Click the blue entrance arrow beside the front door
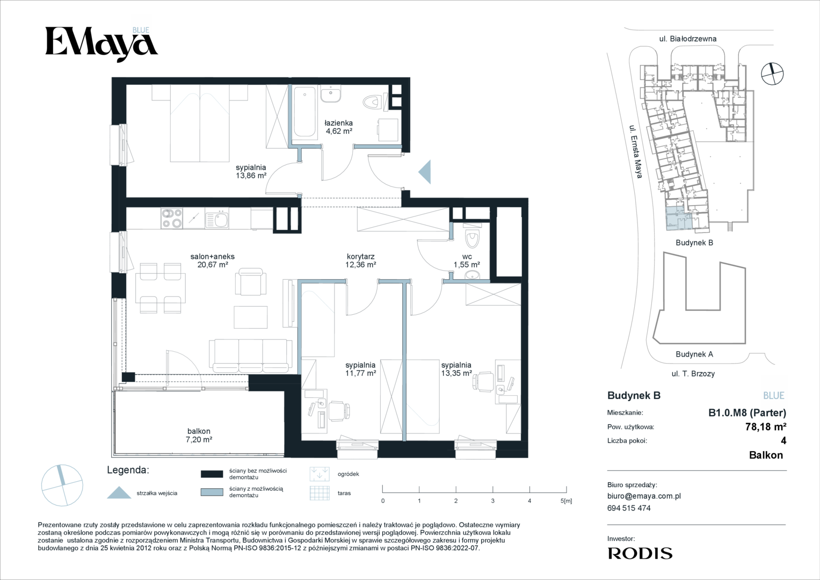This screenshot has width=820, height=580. (426, 172)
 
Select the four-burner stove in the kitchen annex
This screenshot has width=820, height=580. (172, 218)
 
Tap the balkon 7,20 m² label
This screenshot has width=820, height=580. (199, 436)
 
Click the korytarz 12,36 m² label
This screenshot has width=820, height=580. (360, 260)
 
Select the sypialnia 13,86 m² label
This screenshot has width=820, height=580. (251, 171)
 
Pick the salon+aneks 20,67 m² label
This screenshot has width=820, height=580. (212, 260)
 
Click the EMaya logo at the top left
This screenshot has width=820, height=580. (101, 44)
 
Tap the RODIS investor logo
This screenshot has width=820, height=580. (640, 553)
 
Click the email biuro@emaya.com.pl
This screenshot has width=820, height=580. (644, 496)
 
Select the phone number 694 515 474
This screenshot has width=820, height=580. (629, 508)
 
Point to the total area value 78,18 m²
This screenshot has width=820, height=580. (766, 426)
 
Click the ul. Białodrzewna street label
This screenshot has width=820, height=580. (688, 39)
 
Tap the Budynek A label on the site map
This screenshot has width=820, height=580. (694, 354)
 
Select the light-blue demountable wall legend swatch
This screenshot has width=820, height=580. (212, 492)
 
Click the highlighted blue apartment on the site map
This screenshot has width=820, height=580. (679, 219)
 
